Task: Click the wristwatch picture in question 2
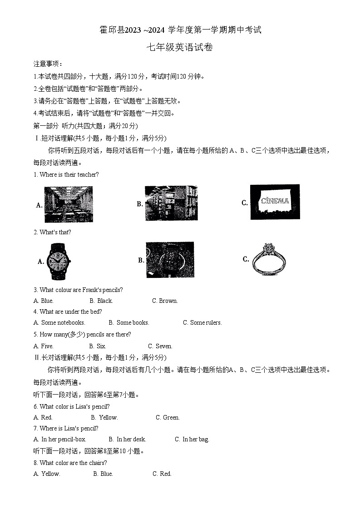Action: (x=58, y=262)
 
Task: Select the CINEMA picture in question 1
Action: (x=275, y=202)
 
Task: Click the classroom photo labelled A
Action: (x=69, y=204)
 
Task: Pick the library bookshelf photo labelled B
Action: (x=171, y=203)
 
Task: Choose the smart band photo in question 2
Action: (x=170, y=260)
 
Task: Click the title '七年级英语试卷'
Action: (x=180, y=47)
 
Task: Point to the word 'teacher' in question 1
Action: (x=86, y=174)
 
